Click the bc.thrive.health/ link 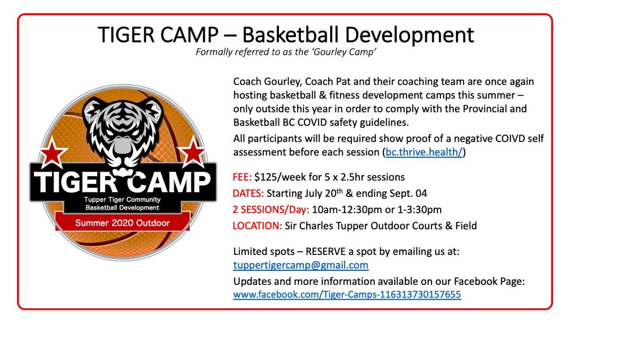coord(425,153)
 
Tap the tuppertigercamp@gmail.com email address coord(301,265)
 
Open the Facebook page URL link coord(347,294)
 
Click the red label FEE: coord(243,177)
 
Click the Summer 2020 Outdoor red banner coord(122,223)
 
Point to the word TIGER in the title coord(127,35)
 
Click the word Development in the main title coord(410,35)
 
